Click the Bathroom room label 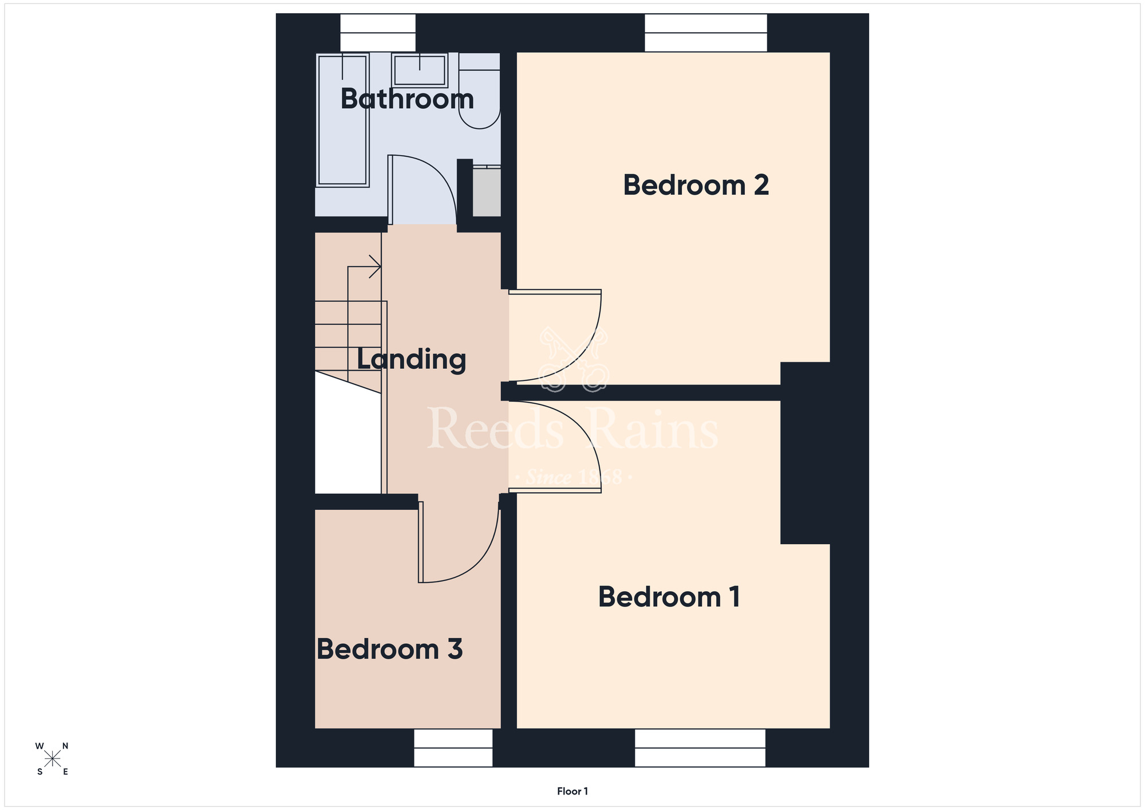coord(407,99)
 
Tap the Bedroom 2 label coord(696,185)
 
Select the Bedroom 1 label coord(669,597)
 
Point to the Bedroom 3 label coord(389,649)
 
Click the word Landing coord(412,360)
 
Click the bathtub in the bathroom coord(342,120)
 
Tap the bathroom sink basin coord(420,70)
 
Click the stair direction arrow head coord(376,266)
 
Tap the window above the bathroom coord(378,33)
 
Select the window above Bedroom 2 coord(706,33)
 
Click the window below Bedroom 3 coord(453,748)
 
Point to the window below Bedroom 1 coord(700,748)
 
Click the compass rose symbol coord(53,759)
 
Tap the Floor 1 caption coord(572,791)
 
